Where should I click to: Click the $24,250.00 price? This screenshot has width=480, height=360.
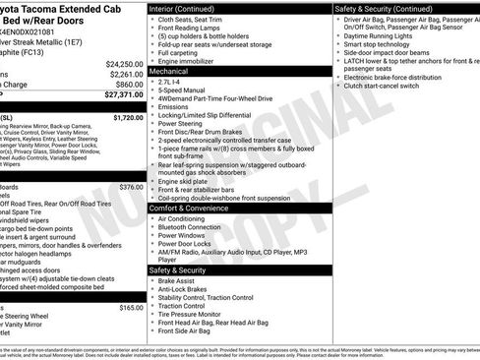tap(124, 64)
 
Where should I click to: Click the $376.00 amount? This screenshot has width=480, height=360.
tap(131, 187)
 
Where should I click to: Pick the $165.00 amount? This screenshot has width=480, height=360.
tap(131, 308)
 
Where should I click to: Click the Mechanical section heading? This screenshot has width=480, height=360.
tap(169, 72)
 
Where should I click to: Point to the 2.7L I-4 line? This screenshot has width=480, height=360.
tap(172, 85)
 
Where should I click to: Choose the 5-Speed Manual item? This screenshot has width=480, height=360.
tap(182, 93)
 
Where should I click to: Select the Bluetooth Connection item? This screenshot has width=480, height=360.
tap(192, 227)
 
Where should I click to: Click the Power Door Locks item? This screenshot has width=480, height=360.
tap(184, 245)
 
